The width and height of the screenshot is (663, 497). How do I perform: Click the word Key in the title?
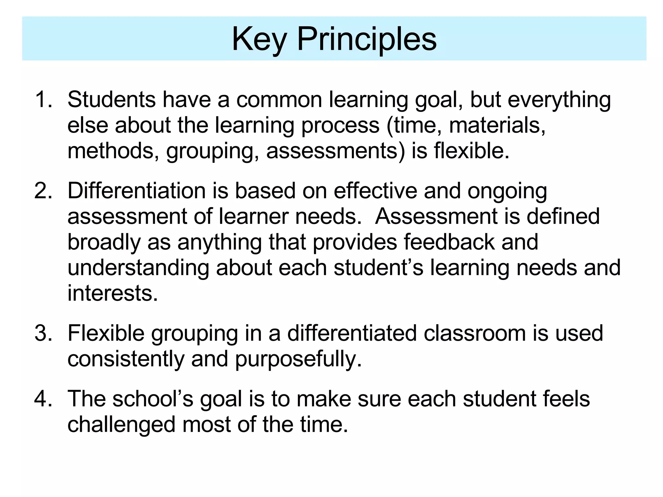(x=259, y=39)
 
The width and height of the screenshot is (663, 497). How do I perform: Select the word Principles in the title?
(x=367, y=39)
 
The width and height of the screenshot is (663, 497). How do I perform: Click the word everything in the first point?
(x=559, y=100)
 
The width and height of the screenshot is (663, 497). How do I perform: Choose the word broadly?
(x=104, y=242)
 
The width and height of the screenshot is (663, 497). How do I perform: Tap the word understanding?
(x=138, y=268)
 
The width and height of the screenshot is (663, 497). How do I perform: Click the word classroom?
(x=475, y=333)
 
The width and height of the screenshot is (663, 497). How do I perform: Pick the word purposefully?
(x=298, y=359)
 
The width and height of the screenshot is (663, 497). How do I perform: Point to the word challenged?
(x=121, y=424)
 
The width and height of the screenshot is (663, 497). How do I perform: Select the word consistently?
(x=126, y=359)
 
